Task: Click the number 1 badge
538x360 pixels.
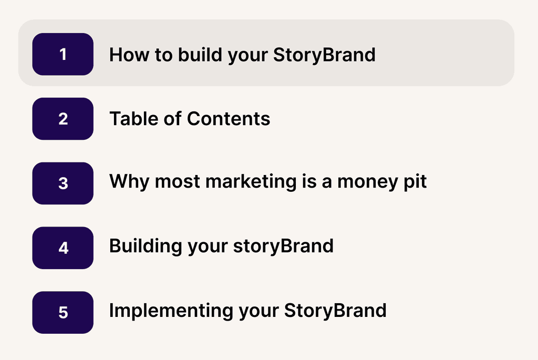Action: click(63, 54)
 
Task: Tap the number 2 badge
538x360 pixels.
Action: click(63, 119)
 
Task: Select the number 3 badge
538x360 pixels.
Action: click(63, 183)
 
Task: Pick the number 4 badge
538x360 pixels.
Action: click(63, 248)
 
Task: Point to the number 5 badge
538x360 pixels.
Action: click(63, 313)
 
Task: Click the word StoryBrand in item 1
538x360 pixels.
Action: click(324, 55)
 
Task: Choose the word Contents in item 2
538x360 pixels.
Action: click(229, 119)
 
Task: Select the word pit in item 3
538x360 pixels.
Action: click(415, 182)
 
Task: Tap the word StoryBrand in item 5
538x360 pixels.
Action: click(335, 311)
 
